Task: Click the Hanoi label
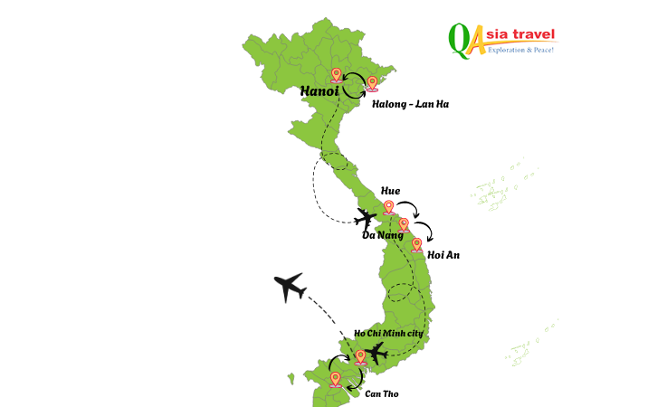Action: click(319, 91)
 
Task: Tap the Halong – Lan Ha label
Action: click(410, 104)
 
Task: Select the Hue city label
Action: click(390, 191)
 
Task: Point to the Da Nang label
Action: click(382, 235)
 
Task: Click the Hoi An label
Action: click(443, 255)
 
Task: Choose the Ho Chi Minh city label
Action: click(388, 334)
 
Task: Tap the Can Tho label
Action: click(381, 393)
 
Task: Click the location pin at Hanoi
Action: click(337, 74)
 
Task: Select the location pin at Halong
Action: click(372, 83)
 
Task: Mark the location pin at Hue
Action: click(389, 208)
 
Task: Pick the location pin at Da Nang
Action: click(404, 225)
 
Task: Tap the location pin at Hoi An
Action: click(416, 244)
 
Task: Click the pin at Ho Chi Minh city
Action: click(360, 356)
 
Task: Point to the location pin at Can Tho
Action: click(336, 379)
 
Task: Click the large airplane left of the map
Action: click(290, 288)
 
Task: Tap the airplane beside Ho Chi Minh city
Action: click(376, 352)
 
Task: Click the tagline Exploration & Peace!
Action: click(522, 50)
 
